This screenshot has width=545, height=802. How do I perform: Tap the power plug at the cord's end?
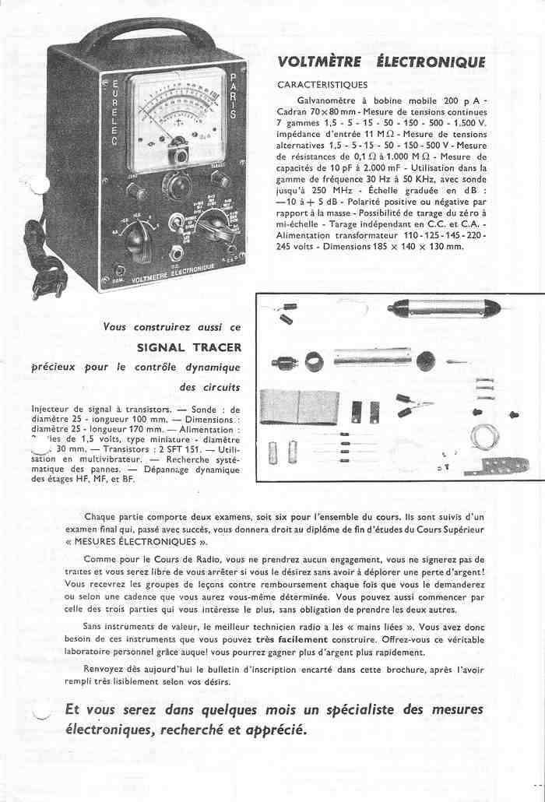tap(38, 285)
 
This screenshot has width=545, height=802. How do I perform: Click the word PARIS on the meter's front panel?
tap(234, 97)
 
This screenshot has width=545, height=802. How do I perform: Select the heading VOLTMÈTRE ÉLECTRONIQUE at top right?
tap(381, 62)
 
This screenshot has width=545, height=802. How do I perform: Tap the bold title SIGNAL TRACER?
tap(189, 347)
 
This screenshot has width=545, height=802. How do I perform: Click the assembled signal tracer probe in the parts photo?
tap(446, 308)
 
